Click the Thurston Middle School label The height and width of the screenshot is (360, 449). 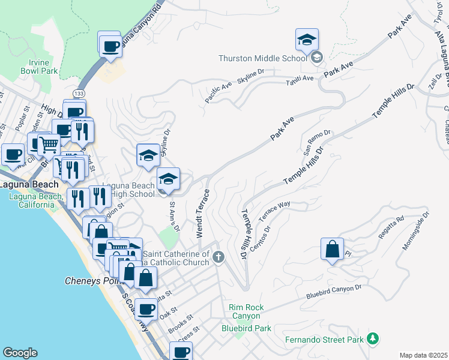coord(263,58)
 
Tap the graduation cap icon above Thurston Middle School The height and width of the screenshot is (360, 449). coord(306,40)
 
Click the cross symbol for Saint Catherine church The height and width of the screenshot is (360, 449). coord(219,257)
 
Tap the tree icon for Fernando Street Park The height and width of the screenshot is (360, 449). coord(373,339)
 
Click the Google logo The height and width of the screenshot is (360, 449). coord(20,353)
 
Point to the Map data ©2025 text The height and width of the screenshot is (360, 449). coord(423,355)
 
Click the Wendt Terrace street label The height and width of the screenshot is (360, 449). coord(202,212)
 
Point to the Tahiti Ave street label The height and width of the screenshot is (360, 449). coord(300,79)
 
